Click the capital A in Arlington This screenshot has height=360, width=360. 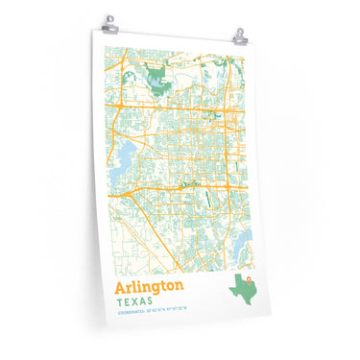pyautogui.click(x=120, y=288)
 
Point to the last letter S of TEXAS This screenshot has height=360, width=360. pyautogui.click(x=156, y=301)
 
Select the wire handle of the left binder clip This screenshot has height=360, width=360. pyautogui.click(x=112, y=17)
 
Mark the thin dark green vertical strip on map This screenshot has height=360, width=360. pyautogui.click(x=208, y=199)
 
